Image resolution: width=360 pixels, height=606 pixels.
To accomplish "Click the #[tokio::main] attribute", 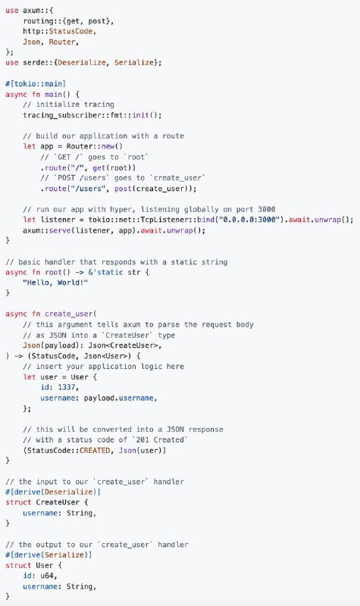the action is pyautogui.click(x=36, y=83).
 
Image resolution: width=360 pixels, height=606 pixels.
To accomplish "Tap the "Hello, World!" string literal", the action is pyautogui.click(x=55, y=283).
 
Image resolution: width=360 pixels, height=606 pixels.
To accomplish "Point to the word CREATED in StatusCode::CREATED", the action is pyautogui.click(x=95, y=450).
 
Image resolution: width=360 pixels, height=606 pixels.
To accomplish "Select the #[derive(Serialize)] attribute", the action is pyautogui.click(x=49, y=555).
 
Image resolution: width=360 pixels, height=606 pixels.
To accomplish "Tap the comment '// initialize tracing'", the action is pyautogui.click(x=68, y=105).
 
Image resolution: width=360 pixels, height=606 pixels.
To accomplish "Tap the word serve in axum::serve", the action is pyautogui.click(x=62, y=230).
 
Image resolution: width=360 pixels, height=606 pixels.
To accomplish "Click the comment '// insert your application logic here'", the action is pyautogui.click(x=103, y=367).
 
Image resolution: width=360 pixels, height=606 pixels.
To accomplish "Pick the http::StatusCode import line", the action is pyautogui.click(x=60, y=31).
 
